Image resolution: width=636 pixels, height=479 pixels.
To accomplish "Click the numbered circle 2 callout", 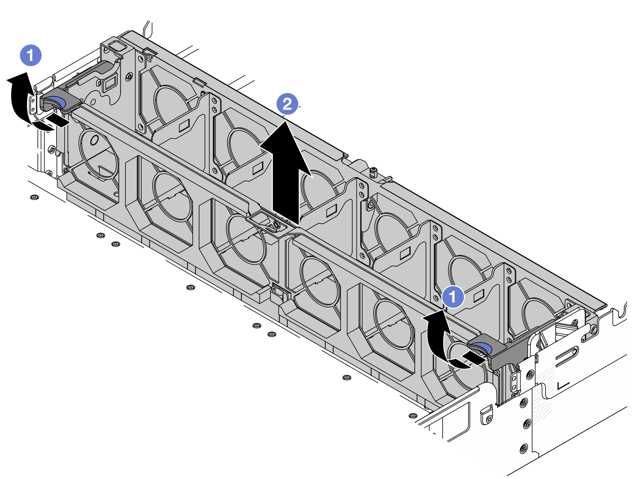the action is click(287, 104).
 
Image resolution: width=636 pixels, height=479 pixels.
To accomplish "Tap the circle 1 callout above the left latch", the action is click(31, 55).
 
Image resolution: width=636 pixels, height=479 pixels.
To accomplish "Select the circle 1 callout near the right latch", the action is click(453, 297).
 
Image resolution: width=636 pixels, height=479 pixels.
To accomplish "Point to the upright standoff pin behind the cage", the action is click(372, 173).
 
